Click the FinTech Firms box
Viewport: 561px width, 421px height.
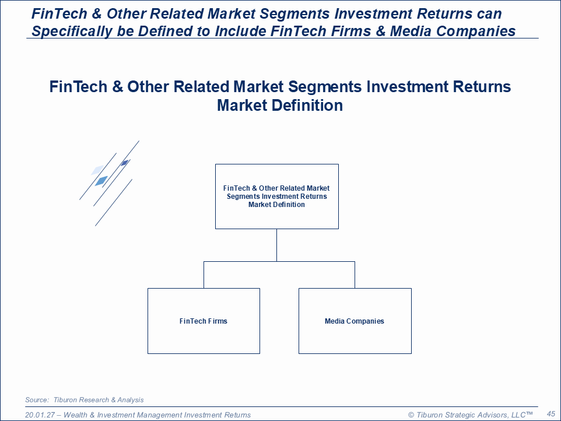coord(204,321)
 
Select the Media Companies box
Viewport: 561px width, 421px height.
coord(355,321)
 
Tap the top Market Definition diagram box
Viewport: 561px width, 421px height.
coord(277,197)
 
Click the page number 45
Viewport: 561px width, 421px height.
coord(551,414)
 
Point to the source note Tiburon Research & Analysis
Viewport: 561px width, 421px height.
coord(99,400)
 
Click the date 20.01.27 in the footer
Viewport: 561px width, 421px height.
coord(40,415)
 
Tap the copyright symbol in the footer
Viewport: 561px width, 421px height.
coord(411,415)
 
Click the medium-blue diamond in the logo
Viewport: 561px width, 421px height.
coord(101,181)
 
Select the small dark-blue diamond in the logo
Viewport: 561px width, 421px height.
coord(125,163)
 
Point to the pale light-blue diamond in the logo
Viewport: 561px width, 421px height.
coord(97,170)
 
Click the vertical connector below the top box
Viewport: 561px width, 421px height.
coord(276,245)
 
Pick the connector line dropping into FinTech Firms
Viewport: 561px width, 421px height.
coord(204,275)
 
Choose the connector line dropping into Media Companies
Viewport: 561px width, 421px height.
coord(355,275)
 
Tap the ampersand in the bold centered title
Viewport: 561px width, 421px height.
coord(117,87)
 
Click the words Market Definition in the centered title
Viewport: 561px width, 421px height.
coord(280,106)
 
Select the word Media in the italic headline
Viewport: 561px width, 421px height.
coord(410,31)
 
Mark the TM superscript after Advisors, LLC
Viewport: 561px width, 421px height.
coord(530,413)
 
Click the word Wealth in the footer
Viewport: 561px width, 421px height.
coord(75,415)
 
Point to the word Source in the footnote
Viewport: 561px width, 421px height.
coord(37,400)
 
